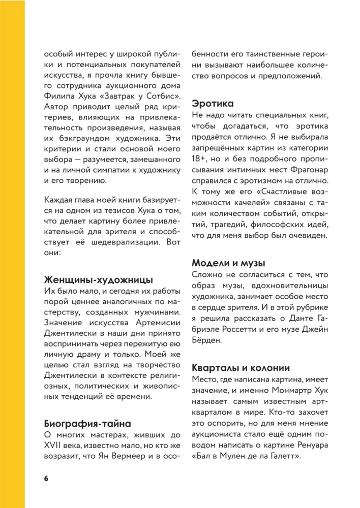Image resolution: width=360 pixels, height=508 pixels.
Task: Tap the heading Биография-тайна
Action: point(87,424)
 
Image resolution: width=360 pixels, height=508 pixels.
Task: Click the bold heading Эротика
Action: point(213,104)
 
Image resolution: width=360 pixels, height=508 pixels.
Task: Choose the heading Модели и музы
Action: point(228,263)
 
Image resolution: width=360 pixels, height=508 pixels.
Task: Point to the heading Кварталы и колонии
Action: point(241,367)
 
